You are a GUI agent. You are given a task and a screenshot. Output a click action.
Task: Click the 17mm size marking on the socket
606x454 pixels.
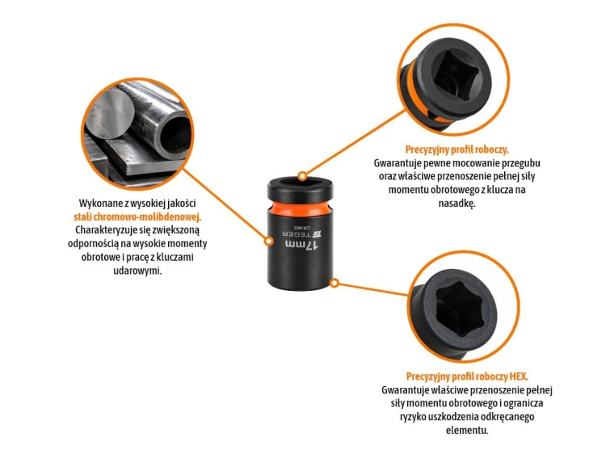pyautogui.click(x=301, y=245)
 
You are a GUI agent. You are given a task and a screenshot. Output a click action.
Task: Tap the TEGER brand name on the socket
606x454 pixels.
pyautogui.click(x=297, y=234)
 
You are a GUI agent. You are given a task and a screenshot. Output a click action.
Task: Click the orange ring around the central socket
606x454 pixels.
pyautogui.click(x=300, y=208)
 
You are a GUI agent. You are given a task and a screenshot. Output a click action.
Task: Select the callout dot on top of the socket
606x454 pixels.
pyautogui.click(x=303, y=177)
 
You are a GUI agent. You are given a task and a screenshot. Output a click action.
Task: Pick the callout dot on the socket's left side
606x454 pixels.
pyautogui.click(x=269, y=241)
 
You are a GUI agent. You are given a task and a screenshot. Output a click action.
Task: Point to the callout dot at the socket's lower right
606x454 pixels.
pyautogui.click(x=335, y=284)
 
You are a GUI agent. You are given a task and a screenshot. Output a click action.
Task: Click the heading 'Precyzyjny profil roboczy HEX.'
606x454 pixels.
pyautogui.click(x=467, y=376)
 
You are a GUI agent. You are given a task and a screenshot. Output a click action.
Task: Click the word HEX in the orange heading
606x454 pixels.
pyautogui.click(x=519, y=376)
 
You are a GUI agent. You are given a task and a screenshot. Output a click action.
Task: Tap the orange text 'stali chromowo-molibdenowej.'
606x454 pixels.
pyautogui.click(x=137, y=216)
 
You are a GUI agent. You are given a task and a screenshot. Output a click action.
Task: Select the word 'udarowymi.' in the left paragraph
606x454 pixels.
pyautogui.click(x=137, y=271)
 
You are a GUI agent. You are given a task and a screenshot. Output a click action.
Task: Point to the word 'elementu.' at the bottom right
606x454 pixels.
pyautogui.click(x=467, y=430)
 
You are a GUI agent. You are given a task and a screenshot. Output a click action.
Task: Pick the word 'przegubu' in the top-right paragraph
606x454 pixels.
pyautogui.click(x=521, y=163)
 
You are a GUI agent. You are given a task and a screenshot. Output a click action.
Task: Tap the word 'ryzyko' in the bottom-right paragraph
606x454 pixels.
pyautogui.click(x=413, y=417)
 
